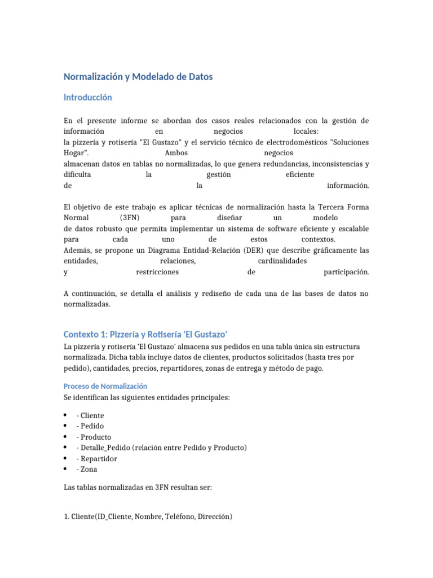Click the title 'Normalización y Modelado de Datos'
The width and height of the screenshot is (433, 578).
138,77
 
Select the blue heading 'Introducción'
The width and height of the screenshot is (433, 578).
87,98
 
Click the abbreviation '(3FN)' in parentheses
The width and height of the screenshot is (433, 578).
130,218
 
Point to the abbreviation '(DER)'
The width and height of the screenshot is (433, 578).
264,250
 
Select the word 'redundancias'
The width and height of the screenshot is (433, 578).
261,164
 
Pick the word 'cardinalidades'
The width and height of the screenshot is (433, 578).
282,261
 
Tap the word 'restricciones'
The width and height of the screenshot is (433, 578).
157,272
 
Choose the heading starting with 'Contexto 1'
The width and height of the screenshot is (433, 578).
145,334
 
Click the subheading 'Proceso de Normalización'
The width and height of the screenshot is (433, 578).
105,386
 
